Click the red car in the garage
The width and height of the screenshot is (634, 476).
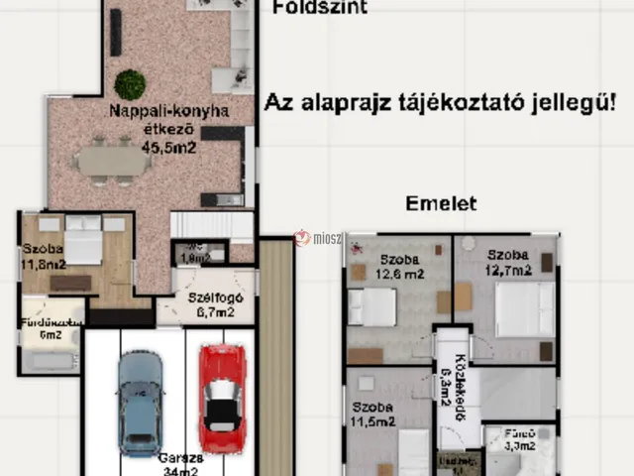220,398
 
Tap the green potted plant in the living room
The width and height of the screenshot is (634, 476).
130,84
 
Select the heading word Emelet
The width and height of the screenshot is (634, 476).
441,204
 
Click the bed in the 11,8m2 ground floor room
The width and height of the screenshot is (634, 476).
83,240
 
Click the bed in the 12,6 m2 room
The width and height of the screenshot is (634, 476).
371,306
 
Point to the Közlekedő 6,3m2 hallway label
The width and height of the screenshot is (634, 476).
447,382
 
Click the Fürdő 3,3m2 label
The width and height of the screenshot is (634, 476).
520,440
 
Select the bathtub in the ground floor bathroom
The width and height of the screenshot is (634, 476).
50,359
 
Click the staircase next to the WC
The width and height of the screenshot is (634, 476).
211,225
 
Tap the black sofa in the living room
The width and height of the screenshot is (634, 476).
116,32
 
